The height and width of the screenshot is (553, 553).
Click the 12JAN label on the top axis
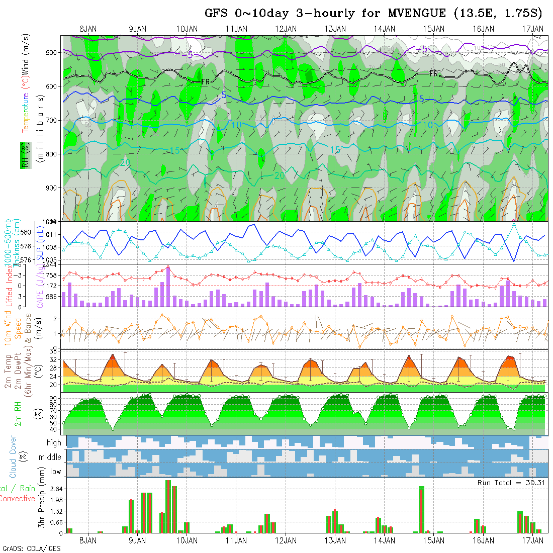tap(286, 29)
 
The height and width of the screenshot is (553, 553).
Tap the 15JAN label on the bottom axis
tap(434, 540)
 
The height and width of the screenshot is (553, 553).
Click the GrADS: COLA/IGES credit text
tap(31, 548)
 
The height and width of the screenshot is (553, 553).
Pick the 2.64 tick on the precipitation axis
tap(53, 489)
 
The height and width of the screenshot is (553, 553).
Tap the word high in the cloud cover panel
tap(54, 443)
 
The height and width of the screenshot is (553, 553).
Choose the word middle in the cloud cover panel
tap(50, 457)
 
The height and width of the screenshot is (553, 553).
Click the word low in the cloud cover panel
tap(55, 471)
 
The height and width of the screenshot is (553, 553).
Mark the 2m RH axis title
tap(18, 413)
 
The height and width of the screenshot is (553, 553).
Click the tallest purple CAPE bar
tap(168, 286)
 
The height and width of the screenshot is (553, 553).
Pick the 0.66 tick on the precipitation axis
tap(53, 522)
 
